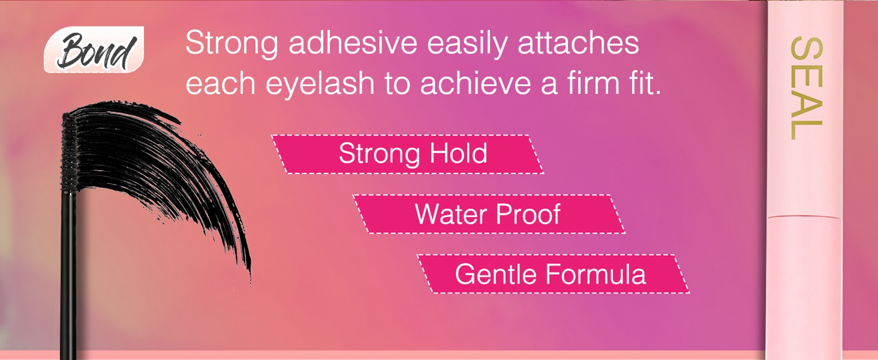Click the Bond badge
click(94, 50)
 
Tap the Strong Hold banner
click(408, 154)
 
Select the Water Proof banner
click(489, 214)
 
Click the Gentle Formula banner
click(552, 274)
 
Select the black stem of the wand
click(68, 270)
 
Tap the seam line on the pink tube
click(805, 216)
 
